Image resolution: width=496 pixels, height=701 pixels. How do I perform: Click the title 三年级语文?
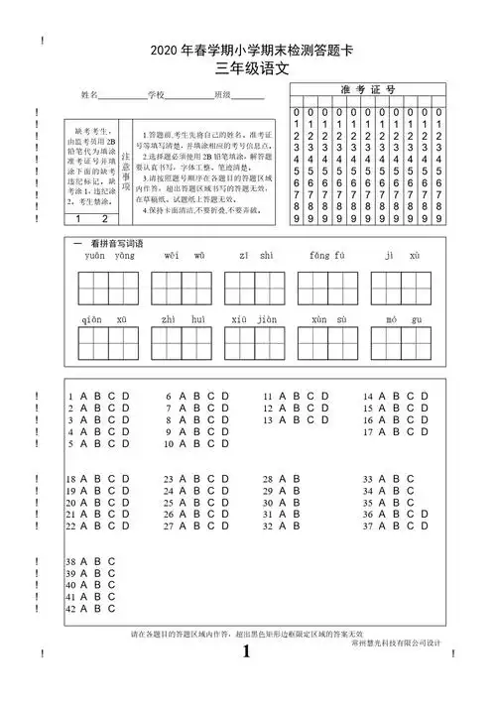coord(248,69)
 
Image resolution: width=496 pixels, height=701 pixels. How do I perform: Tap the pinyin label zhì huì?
coord(184,318)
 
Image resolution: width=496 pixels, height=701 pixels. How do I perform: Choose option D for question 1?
coord(126,397)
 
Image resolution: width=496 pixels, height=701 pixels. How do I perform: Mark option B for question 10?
coord(197,444)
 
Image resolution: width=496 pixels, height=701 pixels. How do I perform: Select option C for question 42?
coord(112,608)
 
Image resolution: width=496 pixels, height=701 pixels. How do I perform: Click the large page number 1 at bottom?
coord(247,651)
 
